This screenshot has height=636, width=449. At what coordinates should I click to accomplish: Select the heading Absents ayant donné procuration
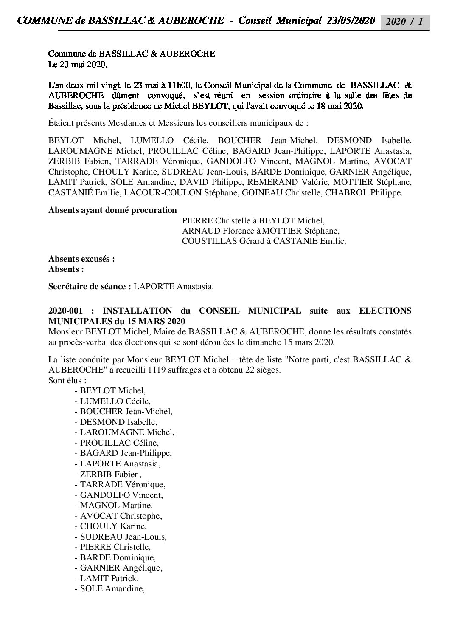(112, 210)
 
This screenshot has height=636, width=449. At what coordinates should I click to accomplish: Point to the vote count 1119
(157, 370)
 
